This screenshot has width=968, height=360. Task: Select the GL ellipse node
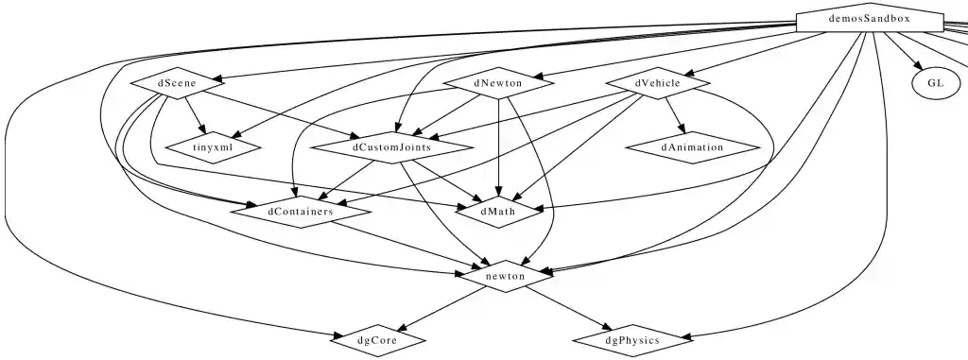[x=935, y=83]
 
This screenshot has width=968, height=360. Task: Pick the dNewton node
[x=498, y=83]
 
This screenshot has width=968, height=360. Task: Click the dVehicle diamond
[x=658, y=83]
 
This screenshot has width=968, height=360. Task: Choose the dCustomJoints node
[x=391, y=148]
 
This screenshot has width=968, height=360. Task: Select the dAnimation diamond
[x=692, y=147]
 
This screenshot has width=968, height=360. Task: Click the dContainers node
[x=300, y=212]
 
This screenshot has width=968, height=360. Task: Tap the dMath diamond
[x=498, y=212]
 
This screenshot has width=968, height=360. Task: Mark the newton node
[x=506, y=276]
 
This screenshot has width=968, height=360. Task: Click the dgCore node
[x=378, y=339]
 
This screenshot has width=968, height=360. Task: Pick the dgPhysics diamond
[x=631, y=339]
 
